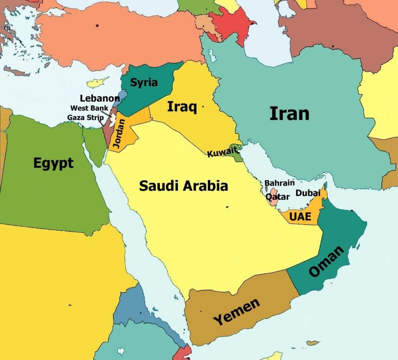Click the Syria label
[144, 82]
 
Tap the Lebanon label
[99, 98]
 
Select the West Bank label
[89, 108]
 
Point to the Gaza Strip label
[85, 117]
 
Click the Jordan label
[120, 133]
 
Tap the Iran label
[289, 113]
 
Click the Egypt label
[53, 163]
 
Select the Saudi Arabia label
[183, 186]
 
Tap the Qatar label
[278, 197]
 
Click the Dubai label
[307, 193]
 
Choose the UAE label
[300, 217]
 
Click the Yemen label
[236, 312]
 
